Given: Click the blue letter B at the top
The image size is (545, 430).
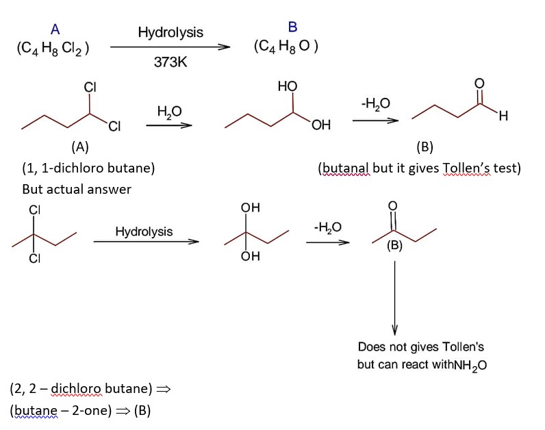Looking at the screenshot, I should [x=292, y=27].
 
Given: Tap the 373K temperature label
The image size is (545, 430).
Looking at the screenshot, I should [x=170, y=62].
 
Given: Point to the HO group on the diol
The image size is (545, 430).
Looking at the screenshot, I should [x=288, y=87].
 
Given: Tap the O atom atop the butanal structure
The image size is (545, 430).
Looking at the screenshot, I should [x=479, y=84].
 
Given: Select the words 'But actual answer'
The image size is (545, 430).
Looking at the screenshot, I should [x=77, y=189].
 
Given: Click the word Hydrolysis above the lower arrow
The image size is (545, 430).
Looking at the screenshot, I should [x=144, y=231].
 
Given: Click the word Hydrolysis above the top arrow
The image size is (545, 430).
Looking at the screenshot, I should [x=170, y=32].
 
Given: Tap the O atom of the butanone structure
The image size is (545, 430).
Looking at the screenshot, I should [x=392, y=206].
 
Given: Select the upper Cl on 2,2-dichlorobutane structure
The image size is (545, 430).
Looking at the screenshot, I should [x=32, y=210].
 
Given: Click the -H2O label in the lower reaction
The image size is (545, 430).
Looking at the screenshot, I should [x=327, y=227].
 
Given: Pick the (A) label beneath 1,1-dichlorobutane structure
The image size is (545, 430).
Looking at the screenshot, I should [x=79, y=147].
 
